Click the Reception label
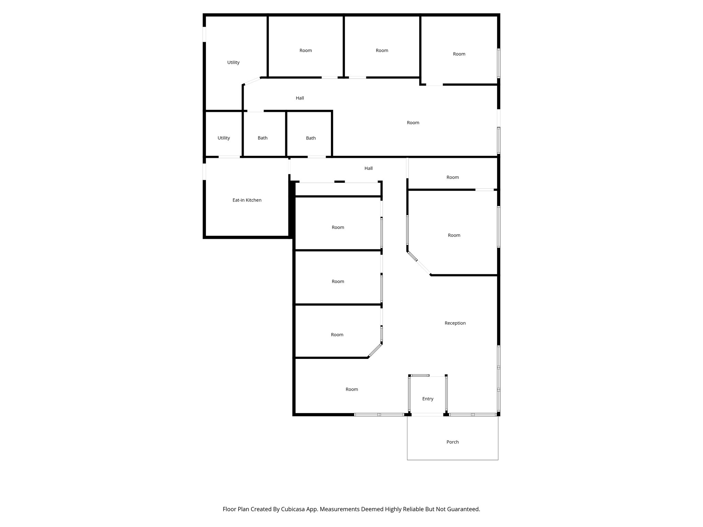[x=455, y=323]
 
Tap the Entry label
[x=428, y=399]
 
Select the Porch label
[x=452, y=442]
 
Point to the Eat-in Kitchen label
[x=247, y=200]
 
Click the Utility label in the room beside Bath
[x=223, y=138]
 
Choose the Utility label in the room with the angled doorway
[x=233, y=62]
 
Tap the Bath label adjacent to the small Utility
[x=263, y=138]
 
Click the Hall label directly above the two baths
[x=300, y=98]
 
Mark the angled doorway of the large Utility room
[x=252, y=81]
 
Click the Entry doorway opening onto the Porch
[x=427, y=415]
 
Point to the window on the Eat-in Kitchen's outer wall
[x=205, y=172]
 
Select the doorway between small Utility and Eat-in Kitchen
[x=229, y=157]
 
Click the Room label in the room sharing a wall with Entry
[x=351, y=389]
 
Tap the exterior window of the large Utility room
[x=205, y=34]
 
